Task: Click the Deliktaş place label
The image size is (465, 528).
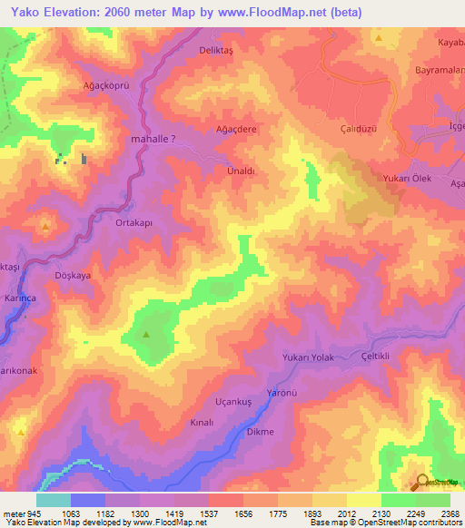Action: point(217,52)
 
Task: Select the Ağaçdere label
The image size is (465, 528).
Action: point(235,130)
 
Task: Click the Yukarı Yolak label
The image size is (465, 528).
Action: point(309,357)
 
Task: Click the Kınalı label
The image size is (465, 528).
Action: point(201,423)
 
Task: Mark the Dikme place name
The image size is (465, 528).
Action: point(261,432)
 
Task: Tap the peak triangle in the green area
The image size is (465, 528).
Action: point(146,335)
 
